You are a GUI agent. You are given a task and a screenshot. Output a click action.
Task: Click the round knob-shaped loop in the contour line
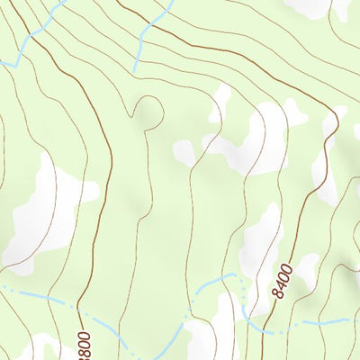pos(149,110)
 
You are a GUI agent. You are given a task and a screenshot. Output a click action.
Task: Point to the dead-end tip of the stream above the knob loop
pos(135,71)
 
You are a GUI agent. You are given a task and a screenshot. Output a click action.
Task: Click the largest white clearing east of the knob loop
pos(256,139)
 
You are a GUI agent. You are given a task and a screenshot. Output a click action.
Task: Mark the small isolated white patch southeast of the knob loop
pos(184,153)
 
